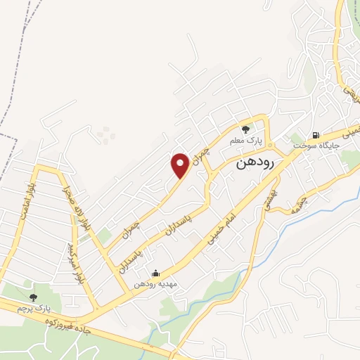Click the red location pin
[x=180, y=165]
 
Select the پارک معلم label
[x=245, y=141]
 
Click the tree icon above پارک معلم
[x=245, y=129]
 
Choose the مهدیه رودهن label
[x=155, y=284]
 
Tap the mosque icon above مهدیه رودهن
[x=155, y=274]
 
